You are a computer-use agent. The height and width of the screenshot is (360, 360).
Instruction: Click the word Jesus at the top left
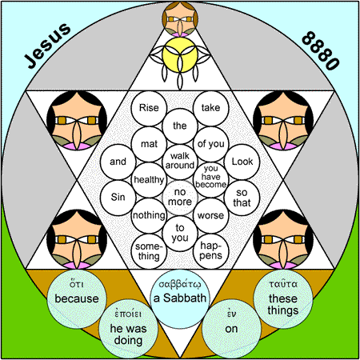48,46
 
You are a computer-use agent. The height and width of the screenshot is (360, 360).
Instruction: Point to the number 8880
321,50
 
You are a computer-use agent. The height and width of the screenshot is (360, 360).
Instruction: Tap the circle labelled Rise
149,108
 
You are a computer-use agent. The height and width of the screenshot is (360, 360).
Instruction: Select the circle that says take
210,108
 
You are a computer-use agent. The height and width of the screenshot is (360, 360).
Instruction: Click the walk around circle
180,162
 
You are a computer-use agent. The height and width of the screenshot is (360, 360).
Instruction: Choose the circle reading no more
180,198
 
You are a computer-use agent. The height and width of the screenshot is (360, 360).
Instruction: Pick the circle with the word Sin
118,198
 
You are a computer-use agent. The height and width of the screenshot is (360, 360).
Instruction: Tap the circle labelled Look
242,162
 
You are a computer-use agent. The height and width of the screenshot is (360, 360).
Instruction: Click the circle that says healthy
149,180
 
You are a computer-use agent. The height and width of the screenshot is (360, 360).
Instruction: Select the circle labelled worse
210,215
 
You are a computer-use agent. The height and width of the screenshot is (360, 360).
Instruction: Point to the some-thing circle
149,251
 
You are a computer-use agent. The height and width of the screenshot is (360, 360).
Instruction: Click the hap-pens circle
210,251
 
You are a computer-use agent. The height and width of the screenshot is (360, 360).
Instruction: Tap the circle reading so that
242,198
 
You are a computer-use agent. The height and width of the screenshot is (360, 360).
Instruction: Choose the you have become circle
210,180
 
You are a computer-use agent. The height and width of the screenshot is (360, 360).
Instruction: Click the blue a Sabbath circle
180,298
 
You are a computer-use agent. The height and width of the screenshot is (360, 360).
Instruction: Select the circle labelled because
77,298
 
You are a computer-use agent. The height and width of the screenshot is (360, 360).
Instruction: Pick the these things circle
283,298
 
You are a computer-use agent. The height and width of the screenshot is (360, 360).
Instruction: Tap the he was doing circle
128,329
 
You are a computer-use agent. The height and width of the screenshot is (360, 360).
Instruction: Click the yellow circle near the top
180,54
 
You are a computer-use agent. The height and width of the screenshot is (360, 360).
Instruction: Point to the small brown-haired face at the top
180,19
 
